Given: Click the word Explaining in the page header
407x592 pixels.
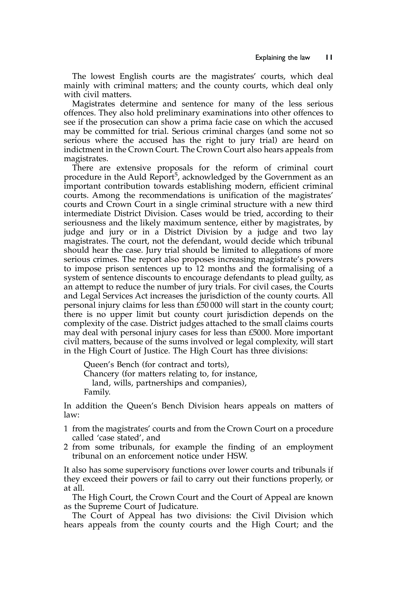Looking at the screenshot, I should [270, 58].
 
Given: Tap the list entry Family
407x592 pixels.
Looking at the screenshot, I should [97, 392].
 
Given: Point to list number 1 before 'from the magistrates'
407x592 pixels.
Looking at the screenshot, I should [66, 429].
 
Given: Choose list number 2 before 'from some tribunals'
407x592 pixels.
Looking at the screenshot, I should [66, 447].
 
